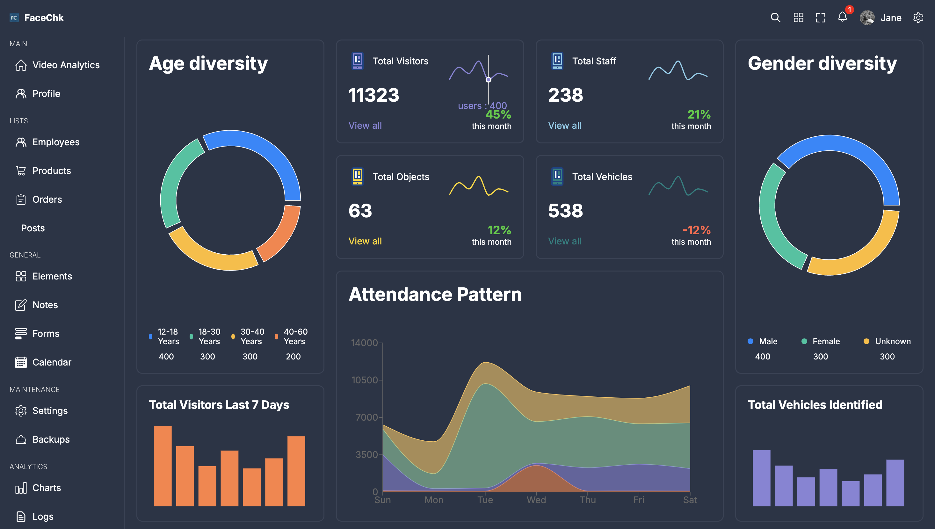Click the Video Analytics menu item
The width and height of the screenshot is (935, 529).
click(66, 65)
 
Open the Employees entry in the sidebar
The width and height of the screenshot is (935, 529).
click(55, 142)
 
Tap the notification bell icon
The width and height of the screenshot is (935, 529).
click(842, 17)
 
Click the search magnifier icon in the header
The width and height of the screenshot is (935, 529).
click(775, 18)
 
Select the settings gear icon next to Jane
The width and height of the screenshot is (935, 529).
click(918, 18)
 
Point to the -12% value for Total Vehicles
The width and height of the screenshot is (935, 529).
click(696, 230)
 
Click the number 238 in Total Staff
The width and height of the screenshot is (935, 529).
click(565, 95)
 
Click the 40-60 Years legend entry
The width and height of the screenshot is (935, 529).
click(295, 337)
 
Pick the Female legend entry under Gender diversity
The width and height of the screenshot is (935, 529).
click(825, 341)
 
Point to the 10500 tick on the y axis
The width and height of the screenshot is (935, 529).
click(365, 380)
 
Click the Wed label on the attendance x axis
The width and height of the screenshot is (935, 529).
click(536, 500)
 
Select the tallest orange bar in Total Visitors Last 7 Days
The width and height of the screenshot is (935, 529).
click(163, 466)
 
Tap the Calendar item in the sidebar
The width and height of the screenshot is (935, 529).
click(52, 362)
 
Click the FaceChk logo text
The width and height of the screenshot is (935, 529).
click(44, 18)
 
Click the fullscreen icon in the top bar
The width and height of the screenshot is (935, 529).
click(820, 18)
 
